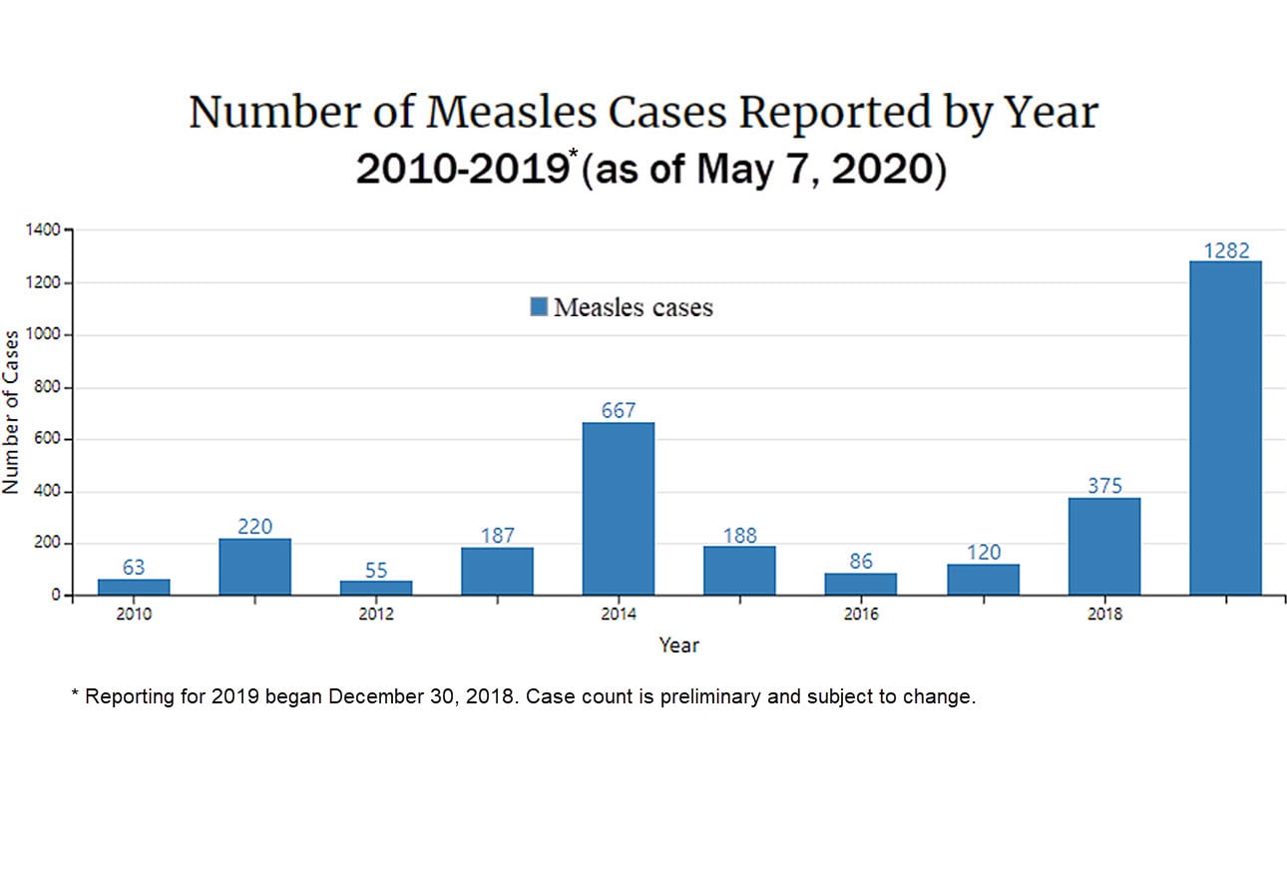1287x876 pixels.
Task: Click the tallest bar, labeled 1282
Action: (1225, 429)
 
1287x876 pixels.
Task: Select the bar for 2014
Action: (619, 509)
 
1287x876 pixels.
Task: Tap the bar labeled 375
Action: (1104, 547)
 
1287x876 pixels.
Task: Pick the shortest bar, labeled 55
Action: (376, 588)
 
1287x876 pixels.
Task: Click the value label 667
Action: (619, 410)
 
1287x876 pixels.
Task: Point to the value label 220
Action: (255, 526)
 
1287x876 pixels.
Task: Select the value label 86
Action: (861, 561)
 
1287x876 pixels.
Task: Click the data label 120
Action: (984, 552)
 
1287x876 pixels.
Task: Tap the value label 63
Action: (134, 567)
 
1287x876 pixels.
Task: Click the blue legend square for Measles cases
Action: (539, 307)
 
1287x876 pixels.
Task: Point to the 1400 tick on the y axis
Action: (46, 230)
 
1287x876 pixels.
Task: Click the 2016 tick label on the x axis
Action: (861, 615)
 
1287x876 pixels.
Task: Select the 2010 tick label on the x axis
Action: (134, 615)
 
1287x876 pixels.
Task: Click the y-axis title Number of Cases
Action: (12, 411)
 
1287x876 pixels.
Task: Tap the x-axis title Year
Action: (678, 646)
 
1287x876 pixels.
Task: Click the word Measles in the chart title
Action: (513, 113)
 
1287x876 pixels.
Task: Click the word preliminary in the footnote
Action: (706, 696)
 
